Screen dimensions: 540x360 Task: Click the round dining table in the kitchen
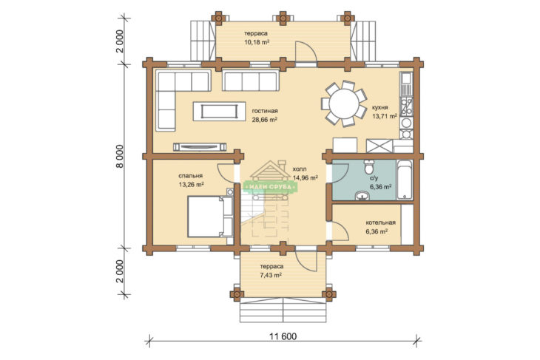344,103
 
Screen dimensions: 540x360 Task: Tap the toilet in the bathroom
369,166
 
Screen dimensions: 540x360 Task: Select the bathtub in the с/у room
405,180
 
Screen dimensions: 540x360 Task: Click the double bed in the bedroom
210,217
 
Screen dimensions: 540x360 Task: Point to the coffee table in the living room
220,111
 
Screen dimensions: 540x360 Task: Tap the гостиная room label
265,111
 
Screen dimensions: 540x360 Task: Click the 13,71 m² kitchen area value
385,116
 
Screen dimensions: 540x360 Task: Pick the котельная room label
380,223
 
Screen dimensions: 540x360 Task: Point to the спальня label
190,176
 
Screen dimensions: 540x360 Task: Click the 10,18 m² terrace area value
257,42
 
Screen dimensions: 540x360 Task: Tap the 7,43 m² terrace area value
271,275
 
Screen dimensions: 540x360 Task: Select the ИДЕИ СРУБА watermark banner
270,186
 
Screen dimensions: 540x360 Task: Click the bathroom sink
362,195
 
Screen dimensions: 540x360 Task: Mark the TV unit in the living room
200,147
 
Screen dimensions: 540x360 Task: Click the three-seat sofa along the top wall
251,80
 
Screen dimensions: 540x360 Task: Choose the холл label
300,169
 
